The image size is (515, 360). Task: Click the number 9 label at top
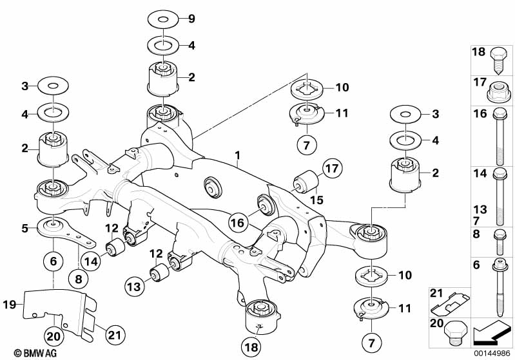click(x=191, y=19)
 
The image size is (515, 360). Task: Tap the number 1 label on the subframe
click(x=238, y=155)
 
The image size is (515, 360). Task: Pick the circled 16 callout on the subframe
click(x=237, y=223)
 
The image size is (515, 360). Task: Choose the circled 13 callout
click(x=135, y=285)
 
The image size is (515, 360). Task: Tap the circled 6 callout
click(x=53, y=261)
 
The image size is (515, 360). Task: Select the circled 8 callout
click(x=79, y=279)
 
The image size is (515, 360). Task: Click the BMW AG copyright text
click(x=23, y=352)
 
